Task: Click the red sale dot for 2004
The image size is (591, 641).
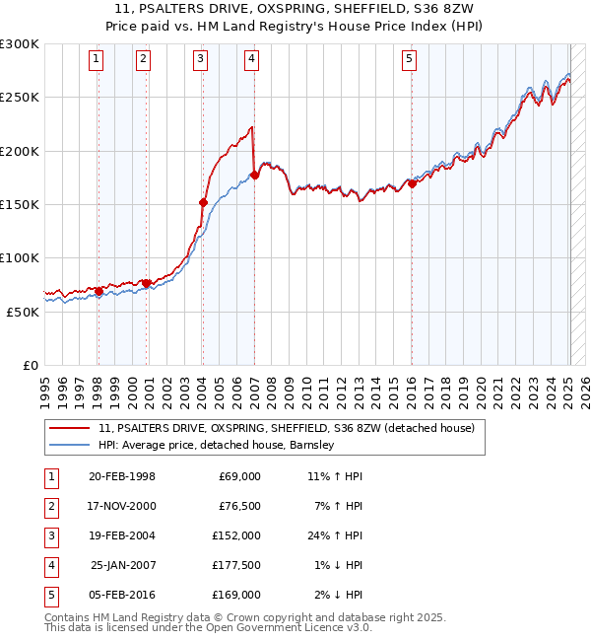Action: pos(203,203)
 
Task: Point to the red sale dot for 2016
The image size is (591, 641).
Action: pos(412,184)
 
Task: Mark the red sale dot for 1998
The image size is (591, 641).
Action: pos(98,292)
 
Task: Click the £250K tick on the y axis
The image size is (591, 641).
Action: pos(20,98)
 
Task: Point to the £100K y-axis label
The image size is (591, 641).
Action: pos(20,257)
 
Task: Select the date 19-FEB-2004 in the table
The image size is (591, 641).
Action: pos(122,535)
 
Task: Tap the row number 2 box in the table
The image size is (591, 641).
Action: pos(48,506)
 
